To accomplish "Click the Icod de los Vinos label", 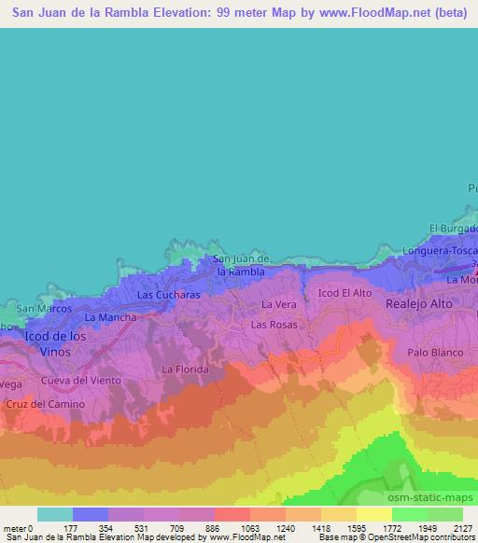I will [54, 341].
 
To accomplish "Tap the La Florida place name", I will [184, 369].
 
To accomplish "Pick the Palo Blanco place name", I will [435, 353].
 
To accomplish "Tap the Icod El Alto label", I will [344, 293].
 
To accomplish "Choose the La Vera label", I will [278, 304].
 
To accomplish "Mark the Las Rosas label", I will [273, 325].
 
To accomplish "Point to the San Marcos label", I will [44, 309].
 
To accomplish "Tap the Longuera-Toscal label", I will [440, 250].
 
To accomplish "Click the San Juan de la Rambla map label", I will [241, 265].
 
